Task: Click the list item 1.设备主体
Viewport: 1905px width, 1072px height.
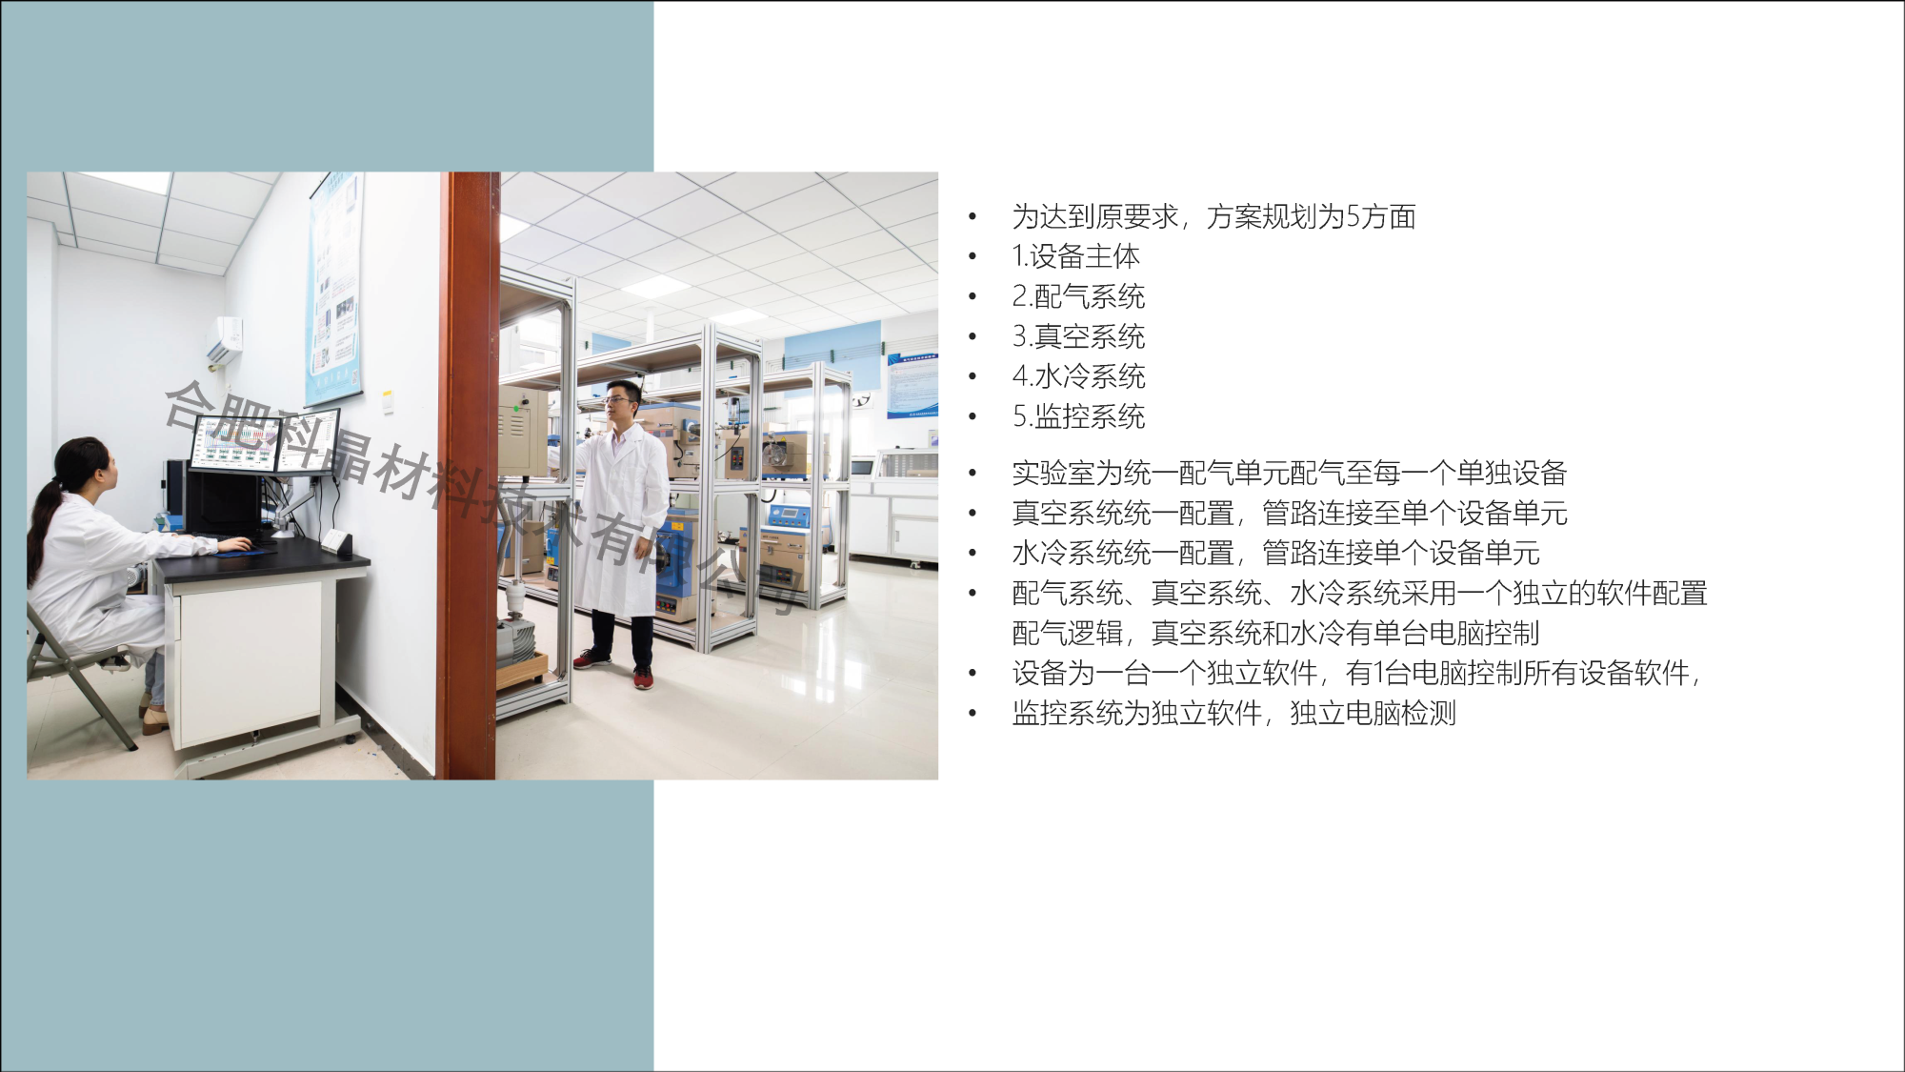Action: click(1075, 256)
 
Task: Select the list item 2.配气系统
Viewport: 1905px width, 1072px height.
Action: click(1078, 296)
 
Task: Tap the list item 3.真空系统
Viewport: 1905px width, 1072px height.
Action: click(1078, 336)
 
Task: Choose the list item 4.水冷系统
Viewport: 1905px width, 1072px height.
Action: click(1078, 376)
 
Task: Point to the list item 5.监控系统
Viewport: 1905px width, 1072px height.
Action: click(1078, 416)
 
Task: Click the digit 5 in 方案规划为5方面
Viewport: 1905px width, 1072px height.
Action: click(1353, 217)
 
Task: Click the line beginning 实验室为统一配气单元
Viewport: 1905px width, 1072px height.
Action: click(1290, 473)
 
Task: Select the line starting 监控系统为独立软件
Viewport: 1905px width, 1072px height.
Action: click(1233, 713)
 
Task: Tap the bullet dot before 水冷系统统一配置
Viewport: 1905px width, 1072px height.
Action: click(973, 554)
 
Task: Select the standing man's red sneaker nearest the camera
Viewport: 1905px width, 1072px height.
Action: click(644, 677)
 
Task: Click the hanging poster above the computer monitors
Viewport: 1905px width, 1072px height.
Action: click(335, 289)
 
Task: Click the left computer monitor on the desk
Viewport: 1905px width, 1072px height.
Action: click(235, 443)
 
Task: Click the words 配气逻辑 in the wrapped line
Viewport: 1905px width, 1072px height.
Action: click(1067, 633)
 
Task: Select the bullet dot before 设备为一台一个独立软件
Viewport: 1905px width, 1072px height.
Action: click(973, 674)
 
